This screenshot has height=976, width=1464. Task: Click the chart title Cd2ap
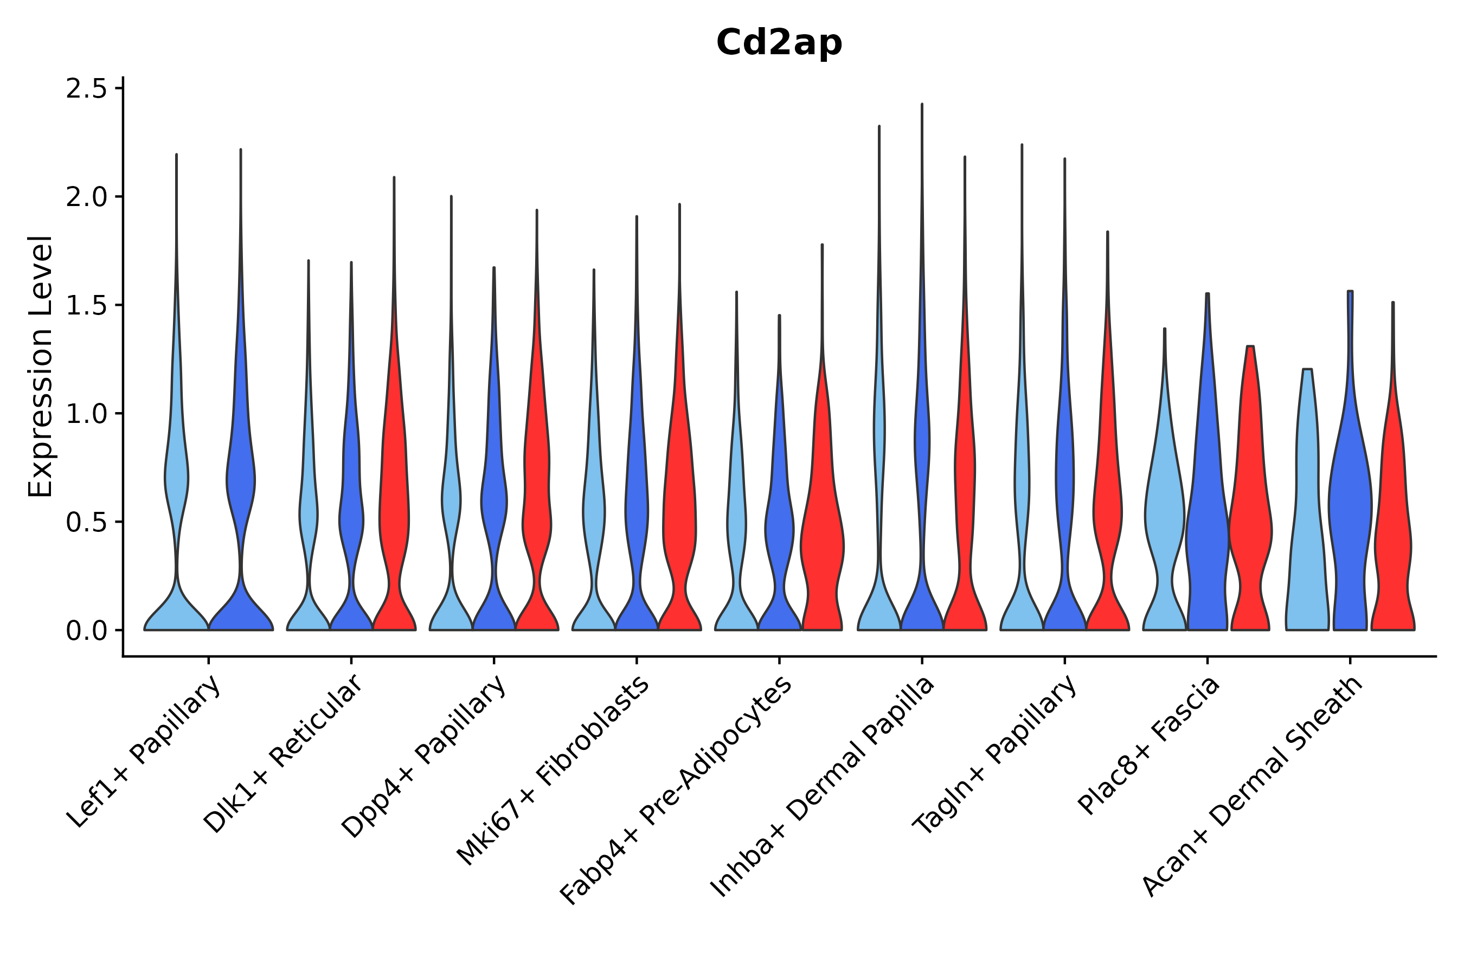pyautogui.click(x=779, y=43)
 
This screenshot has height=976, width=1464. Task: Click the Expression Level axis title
pyautogui.click(x=41, y=366)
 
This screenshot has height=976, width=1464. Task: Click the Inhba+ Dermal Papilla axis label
pyautogui.click(x=823, y=787)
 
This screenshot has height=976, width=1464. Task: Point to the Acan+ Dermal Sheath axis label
pyautogui.click(x=1253, y=787)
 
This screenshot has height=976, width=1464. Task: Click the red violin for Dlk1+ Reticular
pyautogui.click(x=394, y=498)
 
